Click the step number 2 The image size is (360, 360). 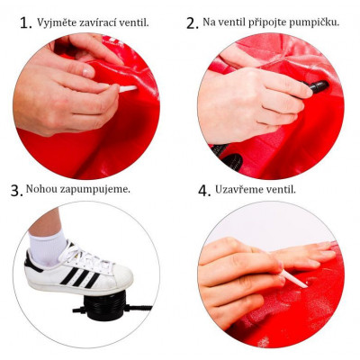193,22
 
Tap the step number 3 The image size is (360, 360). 15,190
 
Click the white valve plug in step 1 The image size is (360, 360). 127,88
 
